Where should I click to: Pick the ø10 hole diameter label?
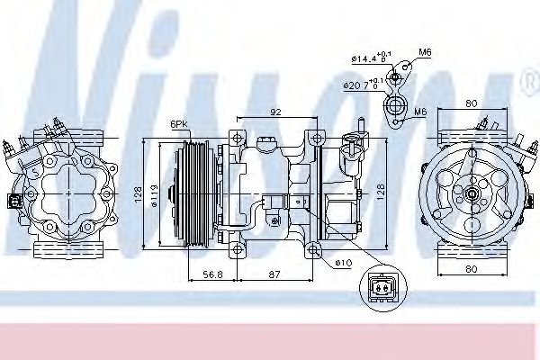click(341, 262)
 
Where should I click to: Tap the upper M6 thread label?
click(424, 53)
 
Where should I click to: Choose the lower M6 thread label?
click(420, 111)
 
